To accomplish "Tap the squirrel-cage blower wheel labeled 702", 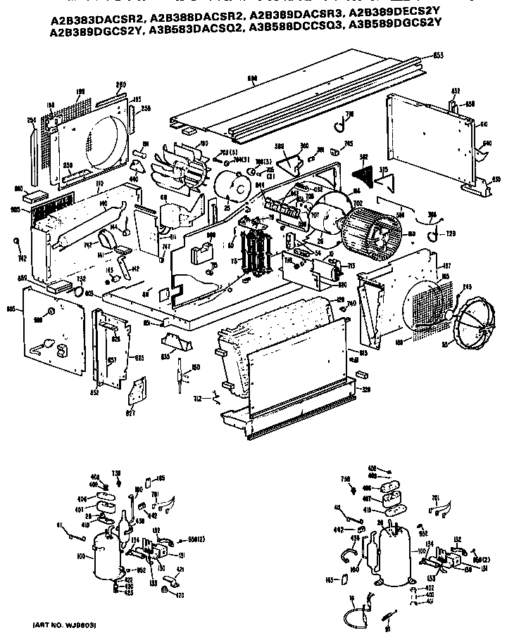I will (370, 226).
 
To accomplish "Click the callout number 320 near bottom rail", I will (365, 387).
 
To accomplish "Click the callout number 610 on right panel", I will (483, 124).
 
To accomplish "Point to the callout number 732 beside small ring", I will (72, 279).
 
